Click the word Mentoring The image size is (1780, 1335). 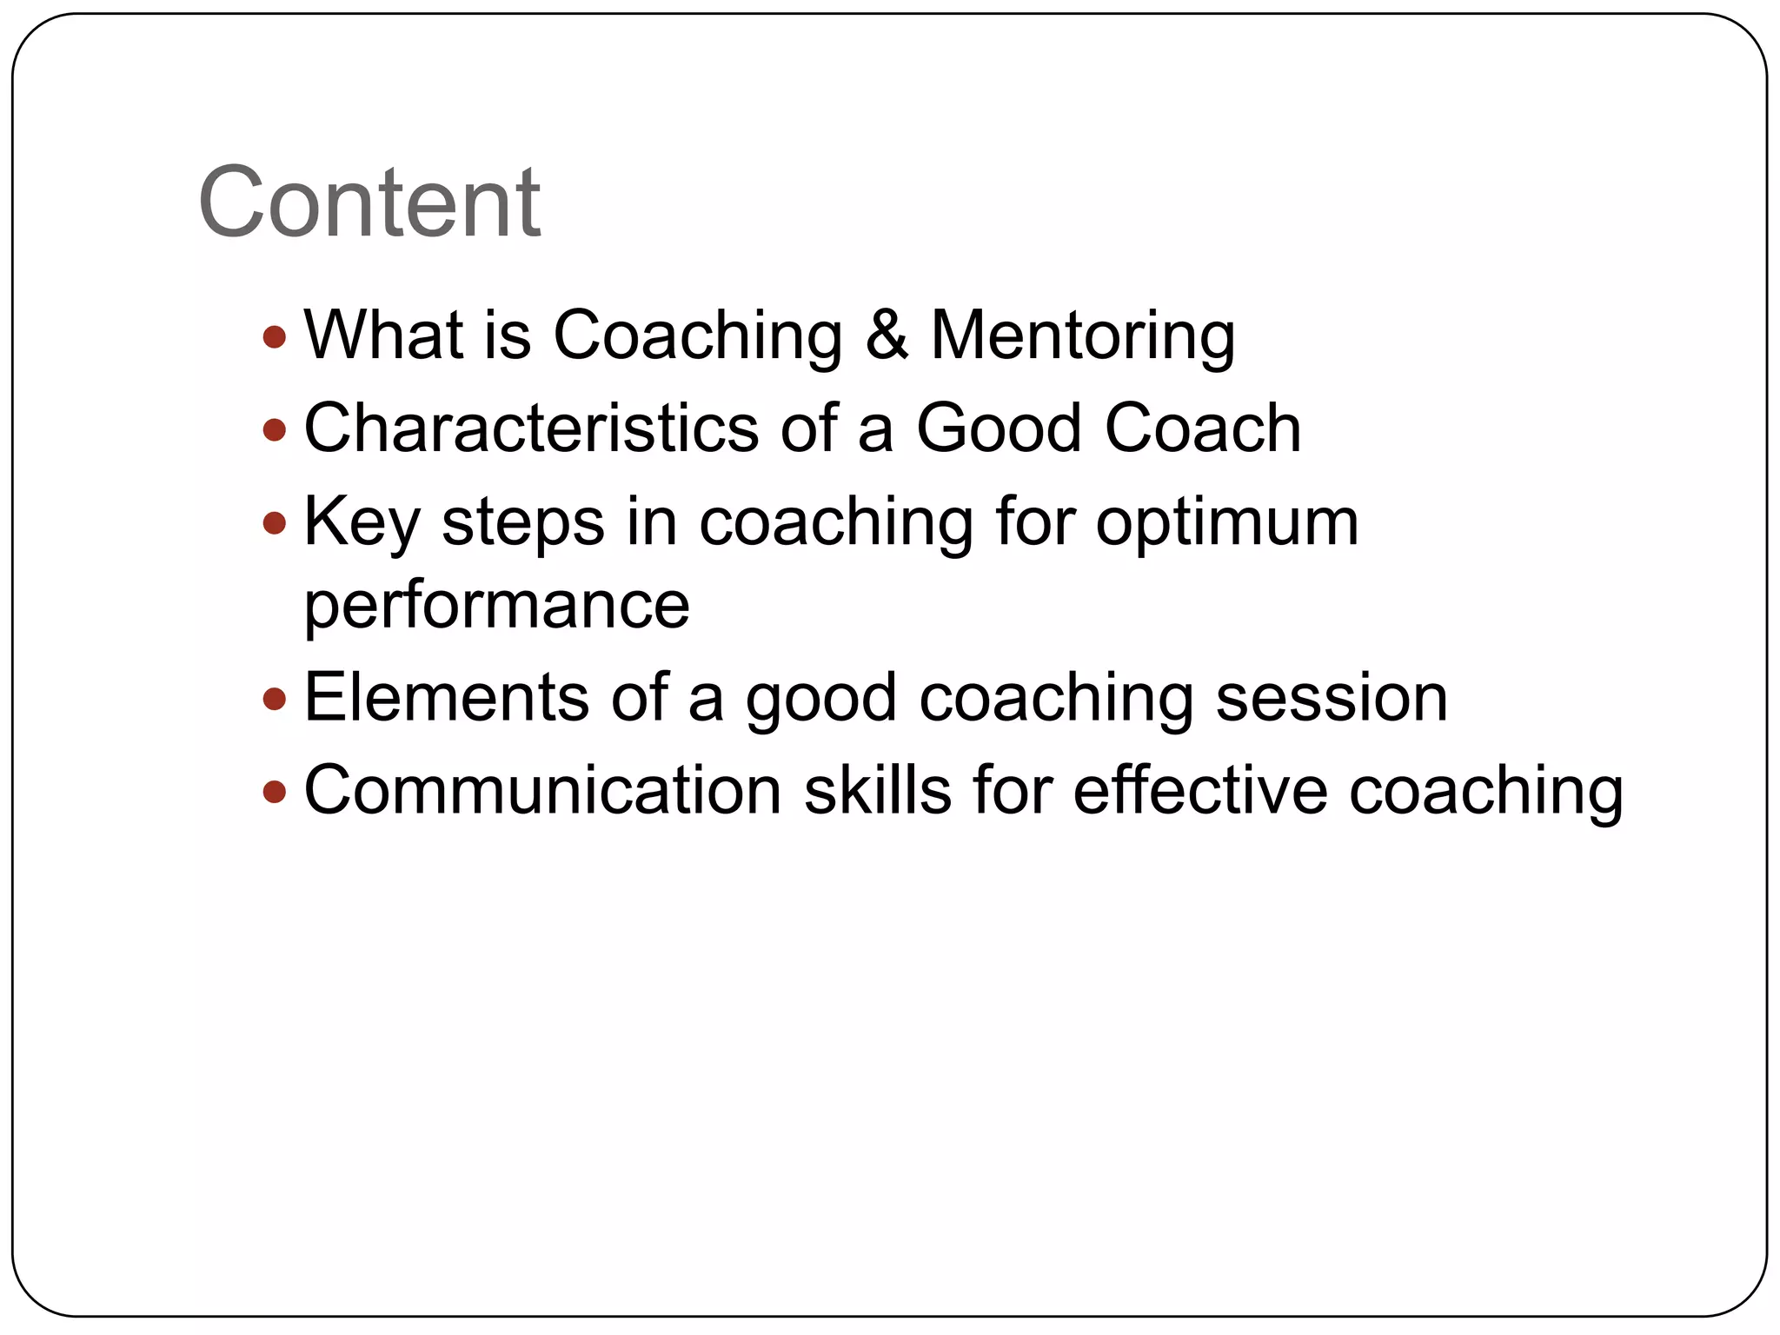[x=1082, y=337]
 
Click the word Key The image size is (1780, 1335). [x=362, y=523]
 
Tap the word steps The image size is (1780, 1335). [x=522, y=523]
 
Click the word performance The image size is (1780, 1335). [x=496, y=606]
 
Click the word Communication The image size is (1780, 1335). [x=543, y=790]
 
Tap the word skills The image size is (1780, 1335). [x=878, y=790]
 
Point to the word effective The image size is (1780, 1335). [x=1200, y=790]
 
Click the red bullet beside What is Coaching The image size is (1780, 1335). [x=274, y=336]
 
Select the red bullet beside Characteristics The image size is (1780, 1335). [x=274, y=429]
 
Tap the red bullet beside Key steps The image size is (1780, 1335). [x=274, y=522]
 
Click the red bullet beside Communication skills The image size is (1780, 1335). [x=274, y=791]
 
